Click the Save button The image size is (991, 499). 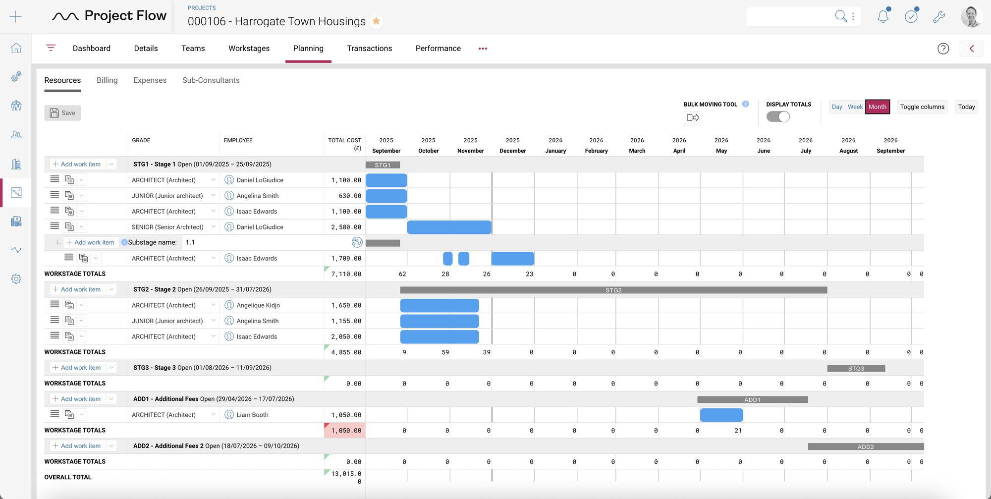(x=62, y=113)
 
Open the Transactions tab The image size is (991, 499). (x=369, y=48)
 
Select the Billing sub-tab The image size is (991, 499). (x=107, y=80)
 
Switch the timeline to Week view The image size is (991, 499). (x=855, y=107)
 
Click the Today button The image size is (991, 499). (x=966, y=107)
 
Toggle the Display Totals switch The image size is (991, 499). (x=777, y=117)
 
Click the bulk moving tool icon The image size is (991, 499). (x=693, y=117)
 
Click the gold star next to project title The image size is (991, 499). (x=376, y=21)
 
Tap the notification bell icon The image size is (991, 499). (x=882, y=17)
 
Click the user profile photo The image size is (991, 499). (x=971, y=17)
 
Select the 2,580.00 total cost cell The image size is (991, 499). (x=345, y=227)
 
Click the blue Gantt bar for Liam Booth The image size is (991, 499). (x=721, y=415)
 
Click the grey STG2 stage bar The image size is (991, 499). (x=613, y=290)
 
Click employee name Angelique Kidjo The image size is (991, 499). (x=258, y=305)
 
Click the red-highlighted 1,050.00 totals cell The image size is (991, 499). (x=345, y=430)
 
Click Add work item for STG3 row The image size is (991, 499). (x=80, y=368)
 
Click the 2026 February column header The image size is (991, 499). (x=596, y=145)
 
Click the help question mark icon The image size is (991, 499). (x=943, y=49)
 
